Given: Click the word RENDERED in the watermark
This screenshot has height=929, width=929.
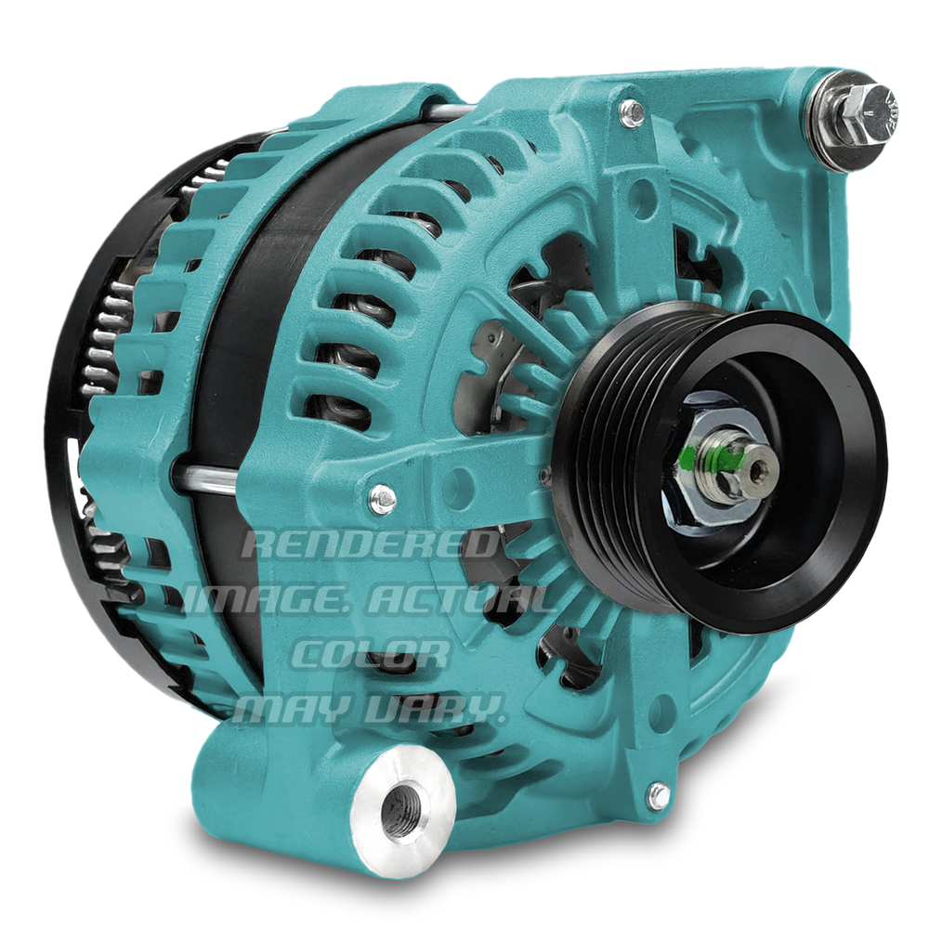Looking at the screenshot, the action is tap(370, 544).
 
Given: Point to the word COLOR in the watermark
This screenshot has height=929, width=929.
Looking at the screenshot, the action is tap(371, 653).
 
